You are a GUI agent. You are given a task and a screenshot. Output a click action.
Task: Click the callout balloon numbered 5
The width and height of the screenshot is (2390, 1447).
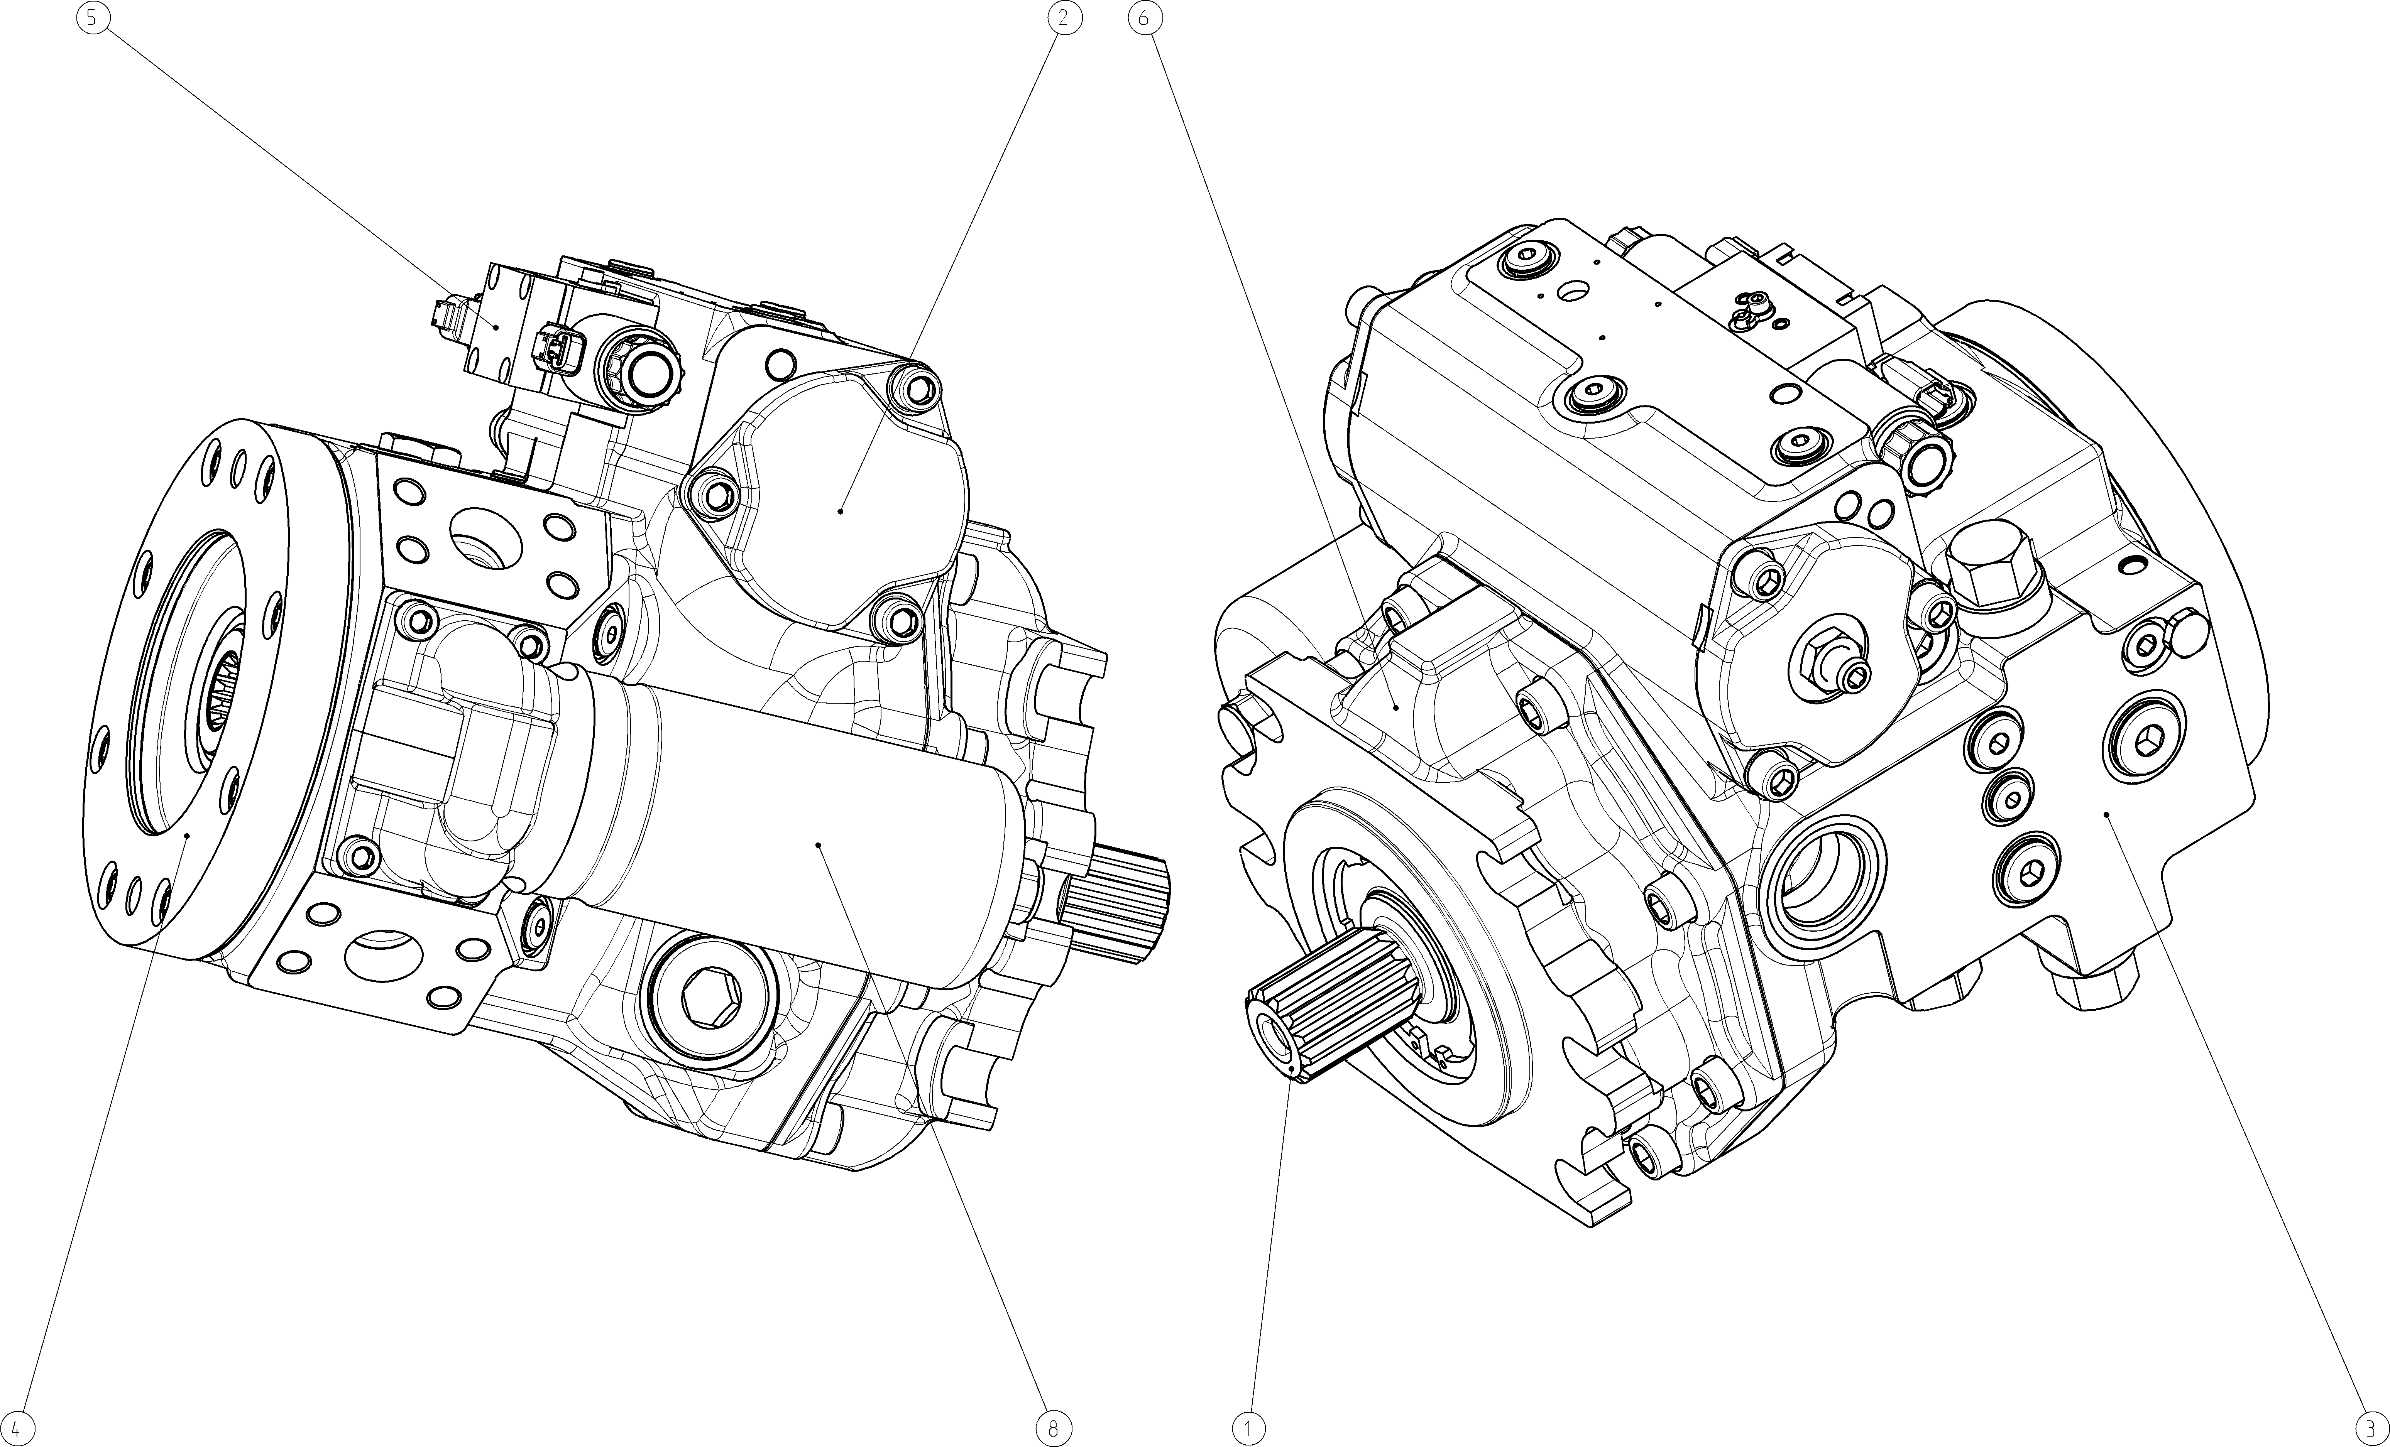pyautogui.click(x=92, y=17)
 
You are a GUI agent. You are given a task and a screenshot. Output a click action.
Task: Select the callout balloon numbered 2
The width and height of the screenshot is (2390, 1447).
pyautogui.click(x=1064, y=17)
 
